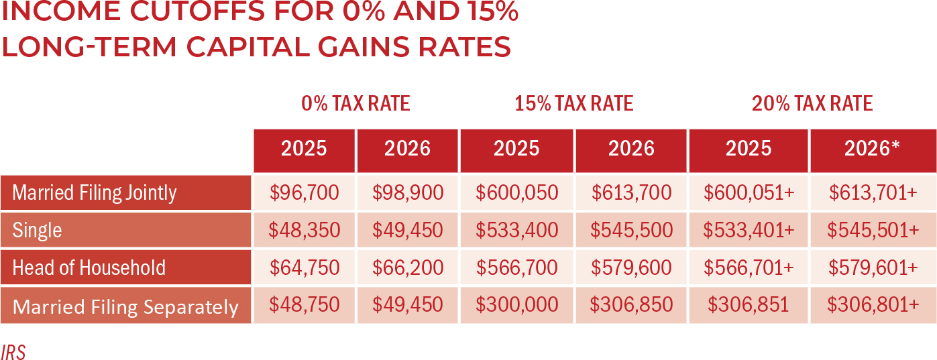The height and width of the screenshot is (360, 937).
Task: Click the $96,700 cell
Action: click(304, 193)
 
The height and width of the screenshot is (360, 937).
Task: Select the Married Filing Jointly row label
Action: click(95, 193)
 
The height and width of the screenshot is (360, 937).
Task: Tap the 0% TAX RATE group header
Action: click(355, 104)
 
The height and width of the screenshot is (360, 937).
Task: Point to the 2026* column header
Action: click(872, 149)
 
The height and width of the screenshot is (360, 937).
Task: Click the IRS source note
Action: click(13, 353)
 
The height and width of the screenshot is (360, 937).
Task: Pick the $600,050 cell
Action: click(516, 193)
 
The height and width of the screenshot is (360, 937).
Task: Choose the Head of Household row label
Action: click(89, 268)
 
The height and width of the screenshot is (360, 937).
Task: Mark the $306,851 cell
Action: click(749, 305)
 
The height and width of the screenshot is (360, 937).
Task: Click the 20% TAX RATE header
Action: click(812, 104)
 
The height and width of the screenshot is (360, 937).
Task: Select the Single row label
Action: click(37, 231)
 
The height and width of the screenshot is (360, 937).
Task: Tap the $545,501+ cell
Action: click(872, 231)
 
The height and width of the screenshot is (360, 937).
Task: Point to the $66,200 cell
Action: click(407, 268)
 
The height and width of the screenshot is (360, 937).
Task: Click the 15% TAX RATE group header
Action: click(573, 104)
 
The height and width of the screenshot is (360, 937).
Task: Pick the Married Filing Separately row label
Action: click(125, 306)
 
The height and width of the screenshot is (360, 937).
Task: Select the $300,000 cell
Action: click(516, 305)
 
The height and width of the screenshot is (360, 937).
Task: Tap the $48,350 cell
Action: click(304, 231)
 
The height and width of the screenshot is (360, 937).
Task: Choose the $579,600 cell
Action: click(630, 268)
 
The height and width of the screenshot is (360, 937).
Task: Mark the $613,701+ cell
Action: click(872, 193)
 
